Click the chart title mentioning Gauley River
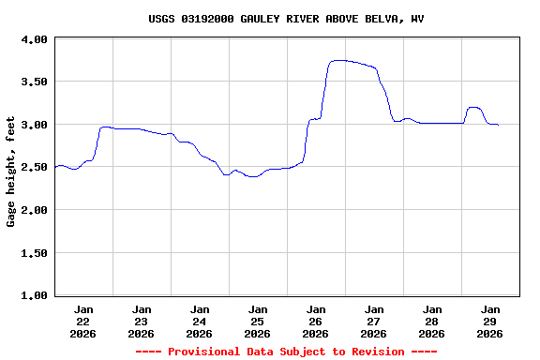(286, 19)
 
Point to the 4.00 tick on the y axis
(34, 39)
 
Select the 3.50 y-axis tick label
(34, 82)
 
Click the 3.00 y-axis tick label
(34, 125)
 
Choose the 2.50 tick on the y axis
(34, 168)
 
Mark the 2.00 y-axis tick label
(34, 210)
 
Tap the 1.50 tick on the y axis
(34, 253)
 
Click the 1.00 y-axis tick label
(34, 295)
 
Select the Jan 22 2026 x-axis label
(83, 321)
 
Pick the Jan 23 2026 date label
(142, 321)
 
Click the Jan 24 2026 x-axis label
(200, 321)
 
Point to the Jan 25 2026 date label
(258, 321)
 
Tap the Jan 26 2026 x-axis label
(316, 321)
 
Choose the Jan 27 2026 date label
(374, 321)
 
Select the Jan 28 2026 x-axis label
(432, 321)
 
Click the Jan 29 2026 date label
(490, 321)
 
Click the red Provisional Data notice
(286, 352)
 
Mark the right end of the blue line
(498, 125)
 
